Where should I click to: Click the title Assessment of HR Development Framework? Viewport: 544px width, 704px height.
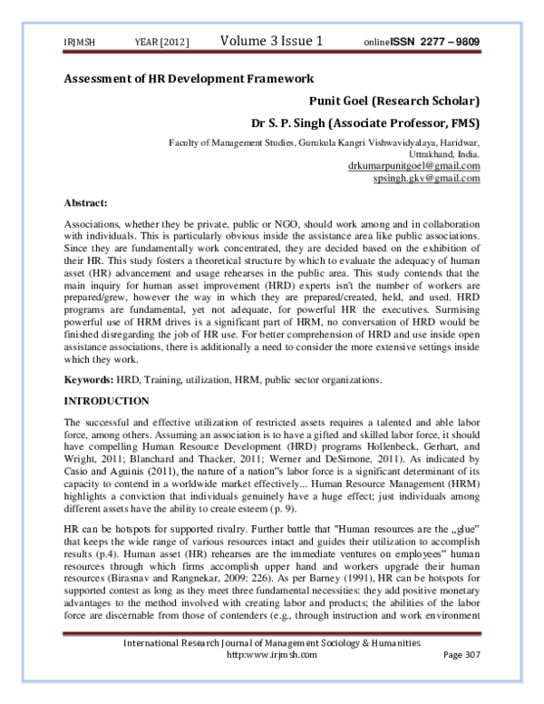(x=189, y=79)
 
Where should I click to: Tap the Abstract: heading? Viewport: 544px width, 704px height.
(x=87, y=204)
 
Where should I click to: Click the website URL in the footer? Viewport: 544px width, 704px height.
(x=272, y=680)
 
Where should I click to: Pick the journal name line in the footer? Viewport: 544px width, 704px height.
(x=272, y=668)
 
